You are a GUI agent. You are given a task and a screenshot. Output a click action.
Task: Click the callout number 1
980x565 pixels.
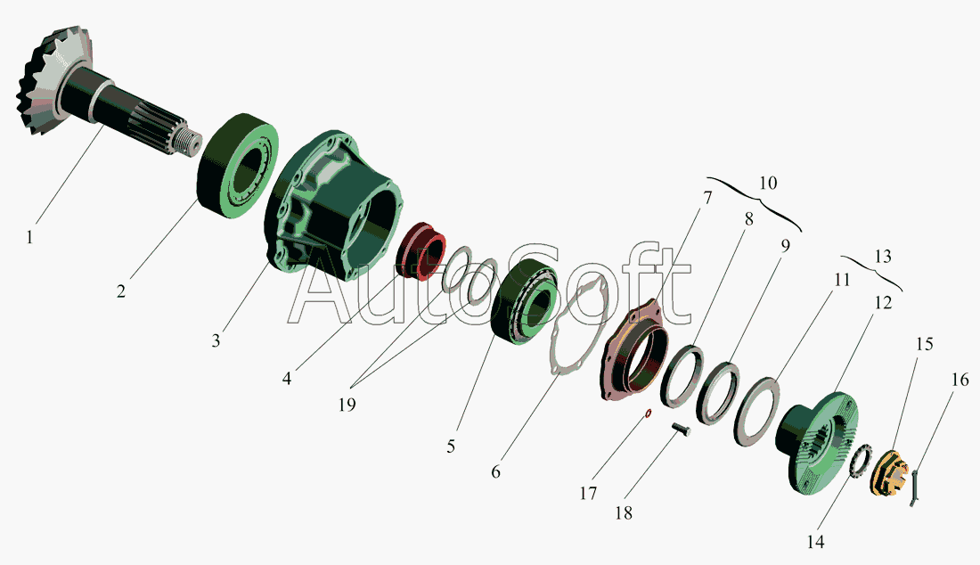coord(29,238)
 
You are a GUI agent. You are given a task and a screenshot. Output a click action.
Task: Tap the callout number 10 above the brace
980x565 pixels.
coord(768,183)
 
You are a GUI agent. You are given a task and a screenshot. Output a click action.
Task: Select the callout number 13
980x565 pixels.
coord(883,257)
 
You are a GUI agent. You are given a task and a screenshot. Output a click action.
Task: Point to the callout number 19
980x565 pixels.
coord(347,405)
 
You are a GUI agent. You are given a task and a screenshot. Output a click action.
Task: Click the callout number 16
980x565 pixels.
coord(960,380)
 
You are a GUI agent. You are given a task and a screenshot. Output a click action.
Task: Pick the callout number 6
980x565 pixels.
coord(495,471)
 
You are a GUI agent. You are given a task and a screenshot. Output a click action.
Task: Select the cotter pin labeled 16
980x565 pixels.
coord(914,488)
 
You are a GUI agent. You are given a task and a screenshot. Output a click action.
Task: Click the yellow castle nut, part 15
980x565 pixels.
coord(888,474)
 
